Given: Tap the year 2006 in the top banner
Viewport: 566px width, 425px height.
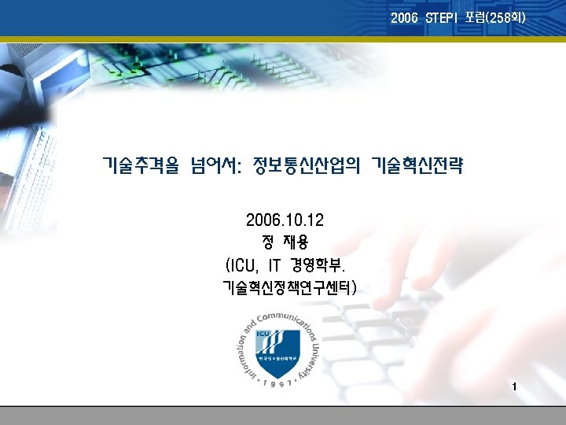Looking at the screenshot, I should coord(405,17).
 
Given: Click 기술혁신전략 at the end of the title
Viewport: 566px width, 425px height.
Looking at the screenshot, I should coord(417,166).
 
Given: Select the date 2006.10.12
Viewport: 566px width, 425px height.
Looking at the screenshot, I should coord(284,219).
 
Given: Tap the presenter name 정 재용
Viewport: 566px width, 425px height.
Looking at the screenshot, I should coord(284,241).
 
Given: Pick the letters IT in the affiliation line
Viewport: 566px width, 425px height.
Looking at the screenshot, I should coord(275,263).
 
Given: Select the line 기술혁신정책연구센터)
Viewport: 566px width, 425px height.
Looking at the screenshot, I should coord(290,287).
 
